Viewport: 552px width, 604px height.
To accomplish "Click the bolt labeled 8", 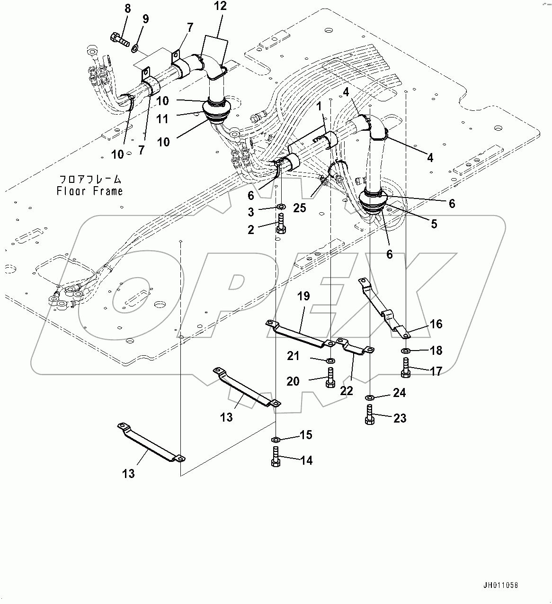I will point(120,39).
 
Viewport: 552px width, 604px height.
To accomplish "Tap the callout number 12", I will point(220,7).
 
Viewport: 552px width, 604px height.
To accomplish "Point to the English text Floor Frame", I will point(89,191).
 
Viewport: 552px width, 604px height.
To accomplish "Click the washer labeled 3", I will point(281,207).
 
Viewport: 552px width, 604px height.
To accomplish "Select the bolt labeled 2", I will point(281,223).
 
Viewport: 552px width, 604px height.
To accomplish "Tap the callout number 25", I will point(300,207).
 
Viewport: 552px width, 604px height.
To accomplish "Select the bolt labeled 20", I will point(330,378).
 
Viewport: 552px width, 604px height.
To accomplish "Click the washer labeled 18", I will point(406,351).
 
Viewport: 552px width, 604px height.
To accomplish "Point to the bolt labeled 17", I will point(406,368).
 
